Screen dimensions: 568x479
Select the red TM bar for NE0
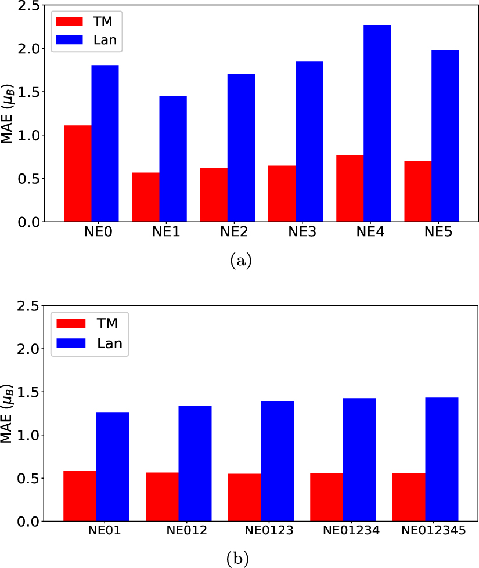coord(77,173)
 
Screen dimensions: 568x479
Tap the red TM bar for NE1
coord(146,197)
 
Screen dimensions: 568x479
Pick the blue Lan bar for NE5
coord(445,136)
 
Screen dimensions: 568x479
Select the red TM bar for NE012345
coord(409,497)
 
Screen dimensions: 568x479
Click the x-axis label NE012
coord(186,530)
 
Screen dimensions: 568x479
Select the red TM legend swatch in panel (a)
coord(70,22)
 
